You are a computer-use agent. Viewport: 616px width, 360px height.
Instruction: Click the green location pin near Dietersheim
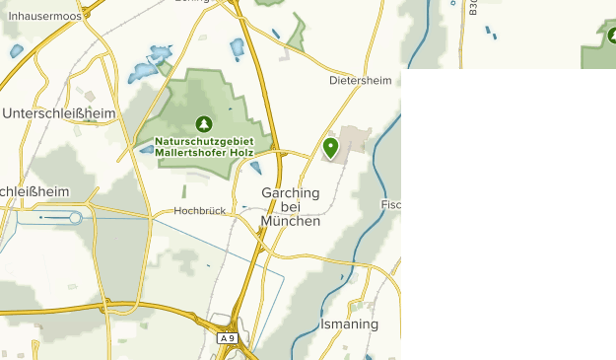tap(330, 148)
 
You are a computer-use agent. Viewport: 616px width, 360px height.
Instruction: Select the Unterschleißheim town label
tap(59, 113)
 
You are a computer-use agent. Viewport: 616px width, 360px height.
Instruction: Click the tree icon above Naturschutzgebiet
tap(204, 124)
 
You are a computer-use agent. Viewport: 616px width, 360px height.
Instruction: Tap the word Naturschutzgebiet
tap(204, 142)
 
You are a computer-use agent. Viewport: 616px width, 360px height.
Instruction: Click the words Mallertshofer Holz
tap(204, 153)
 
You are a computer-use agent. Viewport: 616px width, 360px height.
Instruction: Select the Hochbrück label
tap(200, 210)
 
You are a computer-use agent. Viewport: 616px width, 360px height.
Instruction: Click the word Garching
tap(291, 193)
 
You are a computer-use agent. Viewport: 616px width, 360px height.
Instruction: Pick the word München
tap(291, 221)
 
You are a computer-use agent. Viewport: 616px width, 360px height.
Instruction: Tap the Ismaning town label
tap(349, 324)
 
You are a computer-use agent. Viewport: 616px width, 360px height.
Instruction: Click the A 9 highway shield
tap(228, 338)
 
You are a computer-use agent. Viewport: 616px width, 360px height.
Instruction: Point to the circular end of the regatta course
tap(76, 217)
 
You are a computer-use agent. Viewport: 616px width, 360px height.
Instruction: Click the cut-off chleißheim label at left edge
tap(34, 191)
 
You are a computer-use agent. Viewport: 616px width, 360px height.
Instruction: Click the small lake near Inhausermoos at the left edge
tap(15, 50)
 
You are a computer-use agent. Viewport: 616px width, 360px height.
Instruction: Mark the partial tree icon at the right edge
tap(611, 36)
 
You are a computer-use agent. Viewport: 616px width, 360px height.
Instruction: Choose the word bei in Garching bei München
tap(290, 207)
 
